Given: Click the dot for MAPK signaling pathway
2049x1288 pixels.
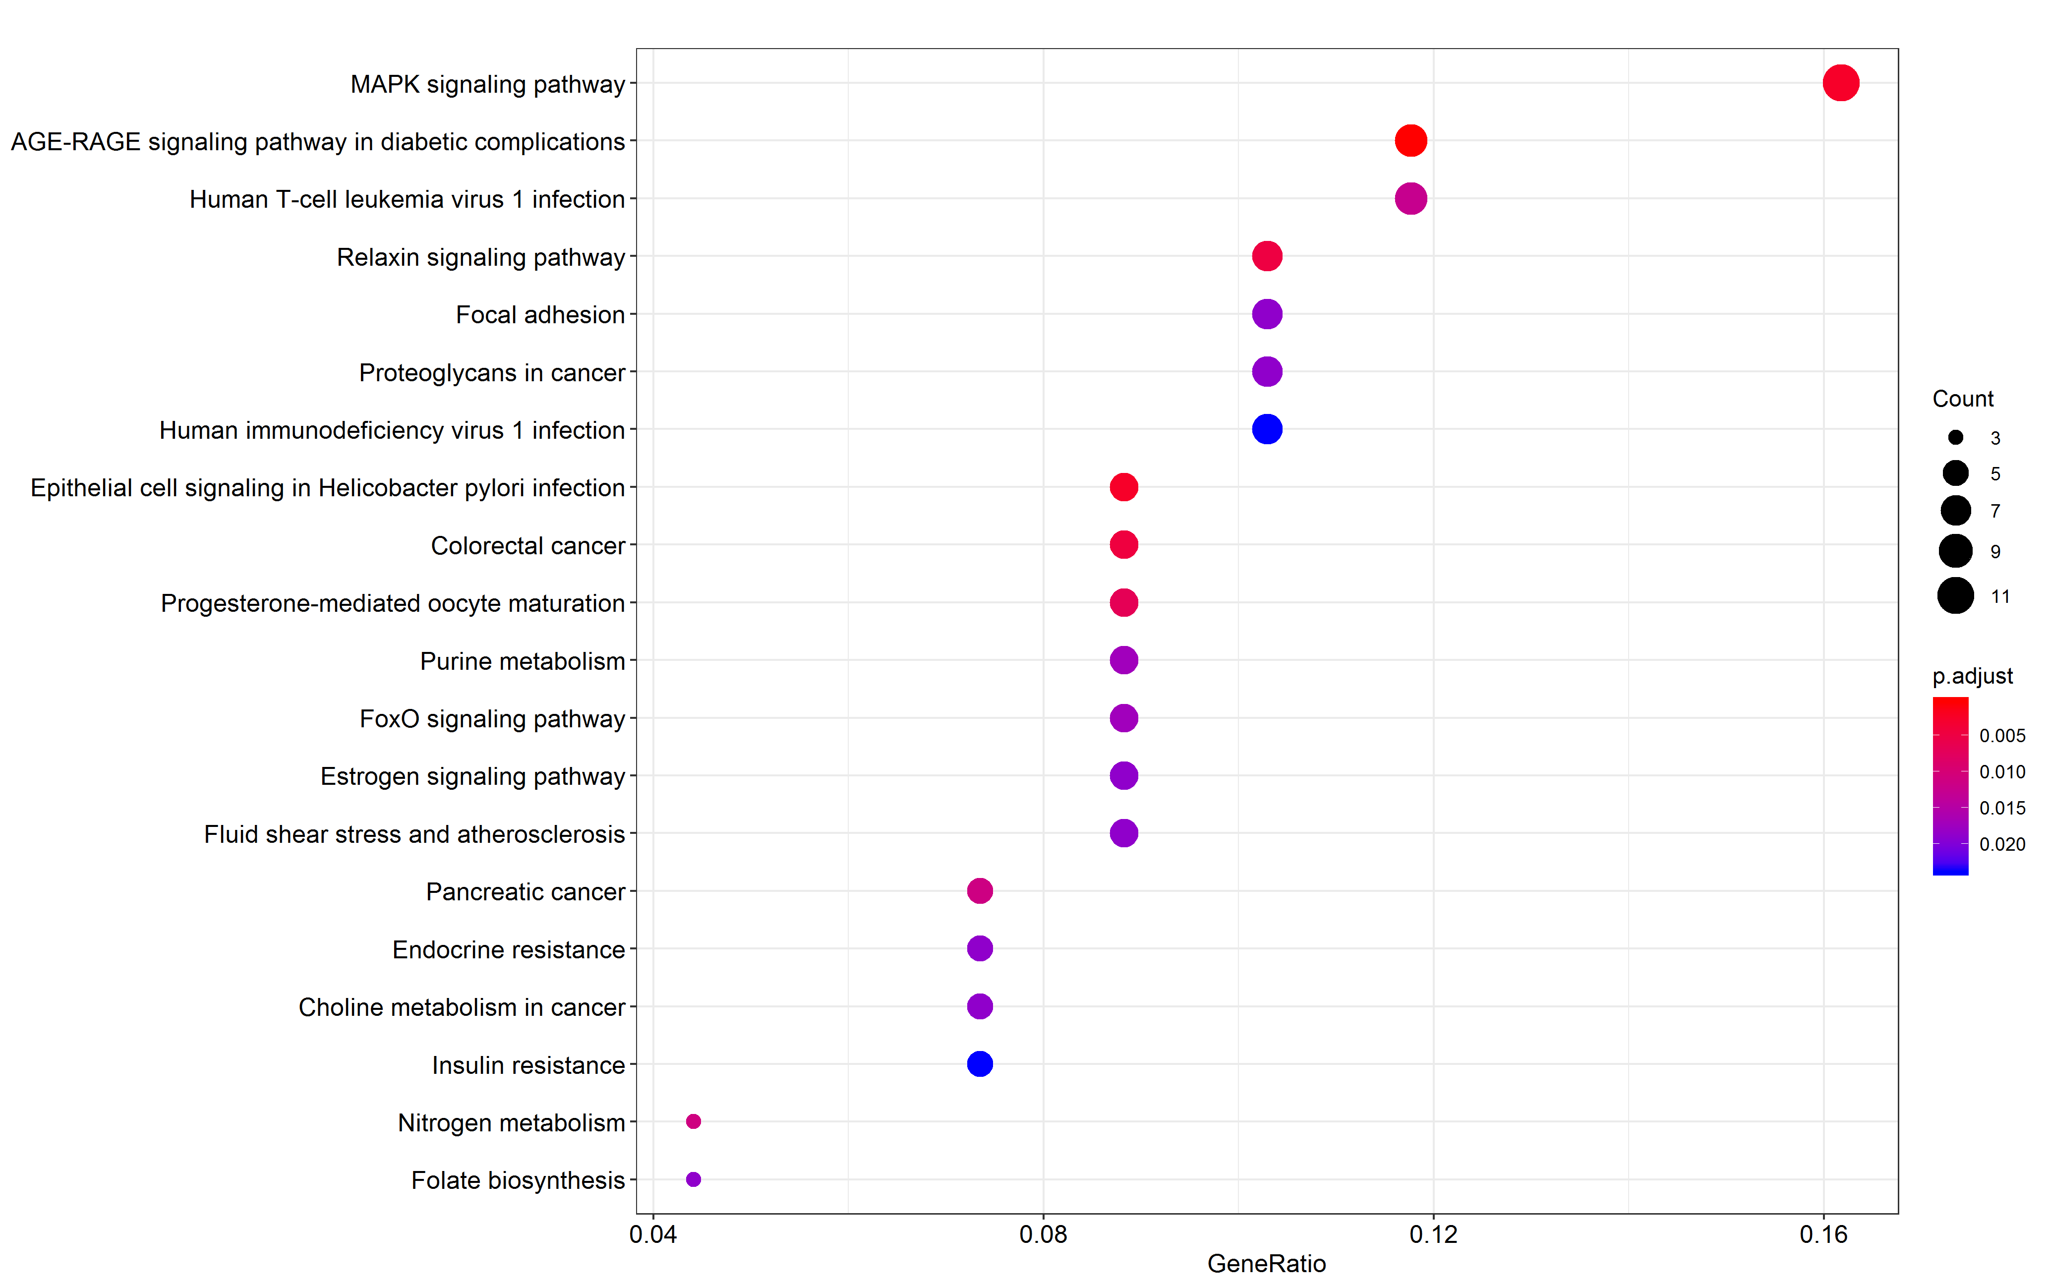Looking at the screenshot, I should (x=1840, y=83).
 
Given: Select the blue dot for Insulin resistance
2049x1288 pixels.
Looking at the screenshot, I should (x=980, y=1063).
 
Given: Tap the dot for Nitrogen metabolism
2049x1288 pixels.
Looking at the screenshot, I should (x=694, y=1121).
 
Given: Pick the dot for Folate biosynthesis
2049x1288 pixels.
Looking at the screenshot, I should (x=694, y=1179).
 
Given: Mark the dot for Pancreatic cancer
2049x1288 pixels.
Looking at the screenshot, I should (x=980, y=891).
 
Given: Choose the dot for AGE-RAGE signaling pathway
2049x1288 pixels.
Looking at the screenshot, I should (x=1410, y=140).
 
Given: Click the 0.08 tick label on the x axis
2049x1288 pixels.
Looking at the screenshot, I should (x=1043, y=1234).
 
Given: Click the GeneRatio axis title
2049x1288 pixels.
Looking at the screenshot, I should (x=1266, y=1264).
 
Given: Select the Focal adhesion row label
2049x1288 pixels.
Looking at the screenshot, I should (x=540, y=315).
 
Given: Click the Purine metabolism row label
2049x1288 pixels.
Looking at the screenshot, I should (x=523, y=661).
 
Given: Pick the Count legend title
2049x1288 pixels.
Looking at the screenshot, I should (x=1962, y=399).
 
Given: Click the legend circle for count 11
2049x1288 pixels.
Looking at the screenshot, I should (x=1955, y=595).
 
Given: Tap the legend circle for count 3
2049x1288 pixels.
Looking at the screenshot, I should (x=1955, y=437).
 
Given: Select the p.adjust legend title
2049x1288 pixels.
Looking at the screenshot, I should (x=1972, y=676).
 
